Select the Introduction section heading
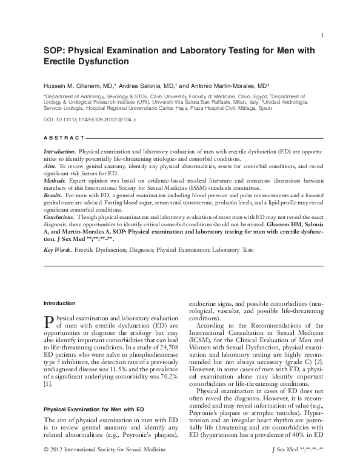pyautogui.click(x=59, y=302)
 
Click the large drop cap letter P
pyautogui.click(x=50, y=322)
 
